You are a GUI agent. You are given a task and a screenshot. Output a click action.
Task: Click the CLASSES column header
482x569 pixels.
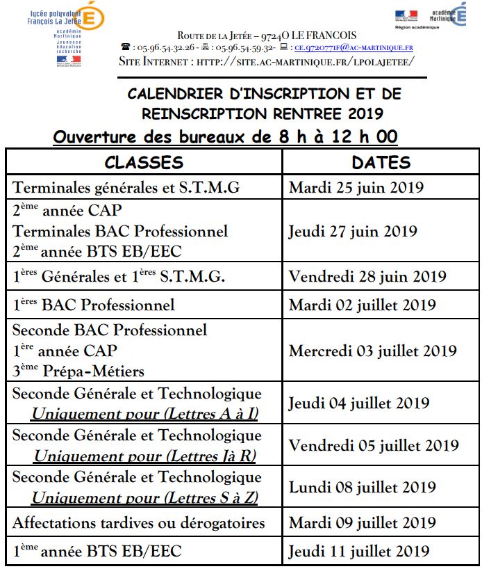pyautogui.click(x=144, y=163)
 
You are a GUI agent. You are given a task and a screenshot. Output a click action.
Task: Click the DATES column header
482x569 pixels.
pyautogui.click(x=381, y=163)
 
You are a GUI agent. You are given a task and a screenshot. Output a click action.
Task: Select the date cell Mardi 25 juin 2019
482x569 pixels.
pyautogui.click(x=356, y=188)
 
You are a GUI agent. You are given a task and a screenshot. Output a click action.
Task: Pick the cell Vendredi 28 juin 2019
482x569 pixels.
pyautogui.click(x=367, y=276)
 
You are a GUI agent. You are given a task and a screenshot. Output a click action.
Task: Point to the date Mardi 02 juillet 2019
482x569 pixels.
pyautogui.click(x=363, y=305)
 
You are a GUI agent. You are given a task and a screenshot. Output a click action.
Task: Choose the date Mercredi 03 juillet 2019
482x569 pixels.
pyautogui.click(x=373, y=351)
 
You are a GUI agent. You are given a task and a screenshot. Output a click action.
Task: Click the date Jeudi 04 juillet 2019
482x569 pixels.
pyautogui.click(x=359, y=403)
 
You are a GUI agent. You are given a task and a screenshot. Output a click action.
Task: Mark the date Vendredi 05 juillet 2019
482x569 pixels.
pyautogui.click(x=374, y=445)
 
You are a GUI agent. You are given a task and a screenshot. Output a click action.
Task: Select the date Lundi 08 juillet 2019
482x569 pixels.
pyautogui.click(x=359, y=487)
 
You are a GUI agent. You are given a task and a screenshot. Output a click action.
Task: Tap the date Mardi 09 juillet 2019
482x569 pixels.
pyautogui.click(x=363, y=522)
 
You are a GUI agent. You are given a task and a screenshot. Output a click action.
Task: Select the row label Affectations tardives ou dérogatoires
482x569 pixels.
pyautogui.click(x=139, y=522)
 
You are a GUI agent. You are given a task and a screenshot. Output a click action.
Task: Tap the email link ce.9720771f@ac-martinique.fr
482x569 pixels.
pyautogui.click(x=354, y=48)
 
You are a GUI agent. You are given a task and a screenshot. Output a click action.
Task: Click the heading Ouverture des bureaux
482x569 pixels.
pyautogui.click(x=225, y=136)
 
